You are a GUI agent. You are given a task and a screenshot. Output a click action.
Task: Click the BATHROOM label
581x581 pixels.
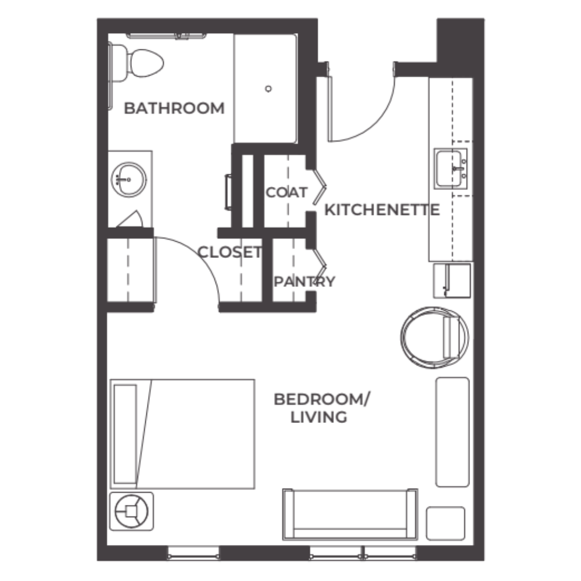[174, 108]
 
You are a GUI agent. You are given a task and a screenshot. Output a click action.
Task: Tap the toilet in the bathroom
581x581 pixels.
[140, 63]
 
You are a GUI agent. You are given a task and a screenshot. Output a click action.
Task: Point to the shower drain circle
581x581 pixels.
[268, 88]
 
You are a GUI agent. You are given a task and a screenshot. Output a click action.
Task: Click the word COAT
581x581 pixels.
[286, 192]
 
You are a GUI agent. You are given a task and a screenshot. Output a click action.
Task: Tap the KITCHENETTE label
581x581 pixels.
[381, 210]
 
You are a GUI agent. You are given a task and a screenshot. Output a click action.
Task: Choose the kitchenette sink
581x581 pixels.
[451, 168]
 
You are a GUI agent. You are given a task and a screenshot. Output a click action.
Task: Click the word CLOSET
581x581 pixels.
[229, 252]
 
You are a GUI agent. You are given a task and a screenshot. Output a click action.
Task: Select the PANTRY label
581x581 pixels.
[304, 282]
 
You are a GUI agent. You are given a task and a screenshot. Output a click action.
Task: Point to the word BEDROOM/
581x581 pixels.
[322, 400]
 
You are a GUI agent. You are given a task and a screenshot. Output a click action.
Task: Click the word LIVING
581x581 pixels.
[319, 417]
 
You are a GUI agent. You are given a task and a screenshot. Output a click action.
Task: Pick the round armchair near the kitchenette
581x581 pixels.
[434, 338]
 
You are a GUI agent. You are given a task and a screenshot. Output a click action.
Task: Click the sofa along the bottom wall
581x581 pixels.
[350, 514]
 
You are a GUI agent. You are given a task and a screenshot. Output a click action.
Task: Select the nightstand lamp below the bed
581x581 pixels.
[132, 511]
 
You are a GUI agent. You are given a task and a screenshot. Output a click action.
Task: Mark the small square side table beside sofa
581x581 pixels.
[446, 523]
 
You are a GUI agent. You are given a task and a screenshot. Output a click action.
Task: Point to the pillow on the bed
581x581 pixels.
[125, 433]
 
